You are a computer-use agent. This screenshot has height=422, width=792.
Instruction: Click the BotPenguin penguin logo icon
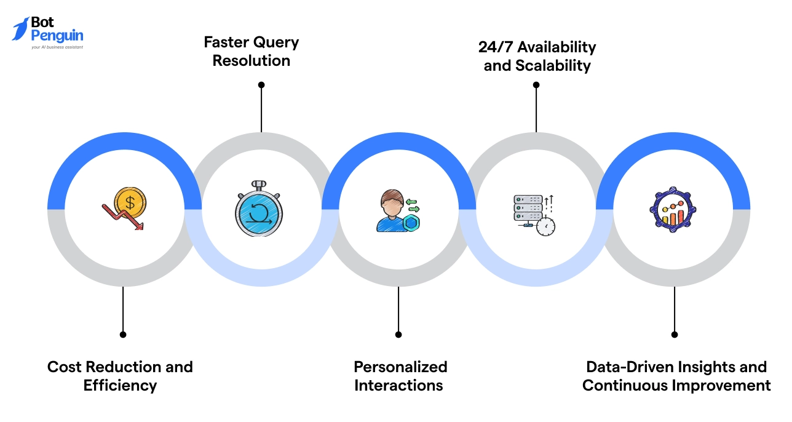pyautogui.click(x=20, y=30)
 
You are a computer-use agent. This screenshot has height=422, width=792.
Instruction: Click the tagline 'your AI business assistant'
pyautogui.click(x=57, y=47)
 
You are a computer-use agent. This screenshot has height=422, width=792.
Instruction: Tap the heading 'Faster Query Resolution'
pyautogui.click(x=251, y=52)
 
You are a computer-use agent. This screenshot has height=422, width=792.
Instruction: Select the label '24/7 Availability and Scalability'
pyautogui.click(x=537, y=56)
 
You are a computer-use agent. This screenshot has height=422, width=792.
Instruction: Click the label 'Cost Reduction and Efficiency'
pyautogui.click(x=120, y=376)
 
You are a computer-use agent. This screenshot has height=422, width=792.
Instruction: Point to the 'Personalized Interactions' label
pyautogui.click(x=400, y=376)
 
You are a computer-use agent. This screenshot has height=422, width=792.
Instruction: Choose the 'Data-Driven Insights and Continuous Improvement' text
pyautogui.click(x=676, y=376)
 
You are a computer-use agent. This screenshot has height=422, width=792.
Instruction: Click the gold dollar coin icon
pyautogui.click(x=130, y=201)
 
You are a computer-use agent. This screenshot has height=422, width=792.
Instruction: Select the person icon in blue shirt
pyautogui.click(x=391, y=213)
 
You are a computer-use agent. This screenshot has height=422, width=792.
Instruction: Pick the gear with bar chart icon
pyautogui.click(x=673, y=210)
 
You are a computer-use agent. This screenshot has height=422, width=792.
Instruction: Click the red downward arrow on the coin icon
pyautogui.click(x=124, y=217)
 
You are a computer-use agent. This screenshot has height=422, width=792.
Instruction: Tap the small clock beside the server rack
pyautogui.click(x=545, y=226)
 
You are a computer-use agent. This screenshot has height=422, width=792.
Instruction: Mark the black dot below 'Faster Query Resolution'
pyautogui.click(x=261, y=85)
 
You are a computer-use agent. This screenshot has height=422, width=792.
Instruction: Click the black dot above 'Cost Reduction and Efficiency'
pyautogui.click(x=123, y=335)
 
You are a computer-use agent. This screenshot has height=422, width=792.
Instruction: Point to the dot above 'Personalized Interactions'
pyautogui.click(x=398, y=335)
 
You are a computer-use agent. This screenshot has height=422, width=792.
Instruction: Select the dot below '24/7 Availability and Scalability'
pyautogui.click(x=536, y=85)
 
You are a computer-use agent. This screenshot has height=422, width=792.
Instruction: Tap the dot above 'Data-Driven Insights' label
pyautogui.click(x=675, y=335)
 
